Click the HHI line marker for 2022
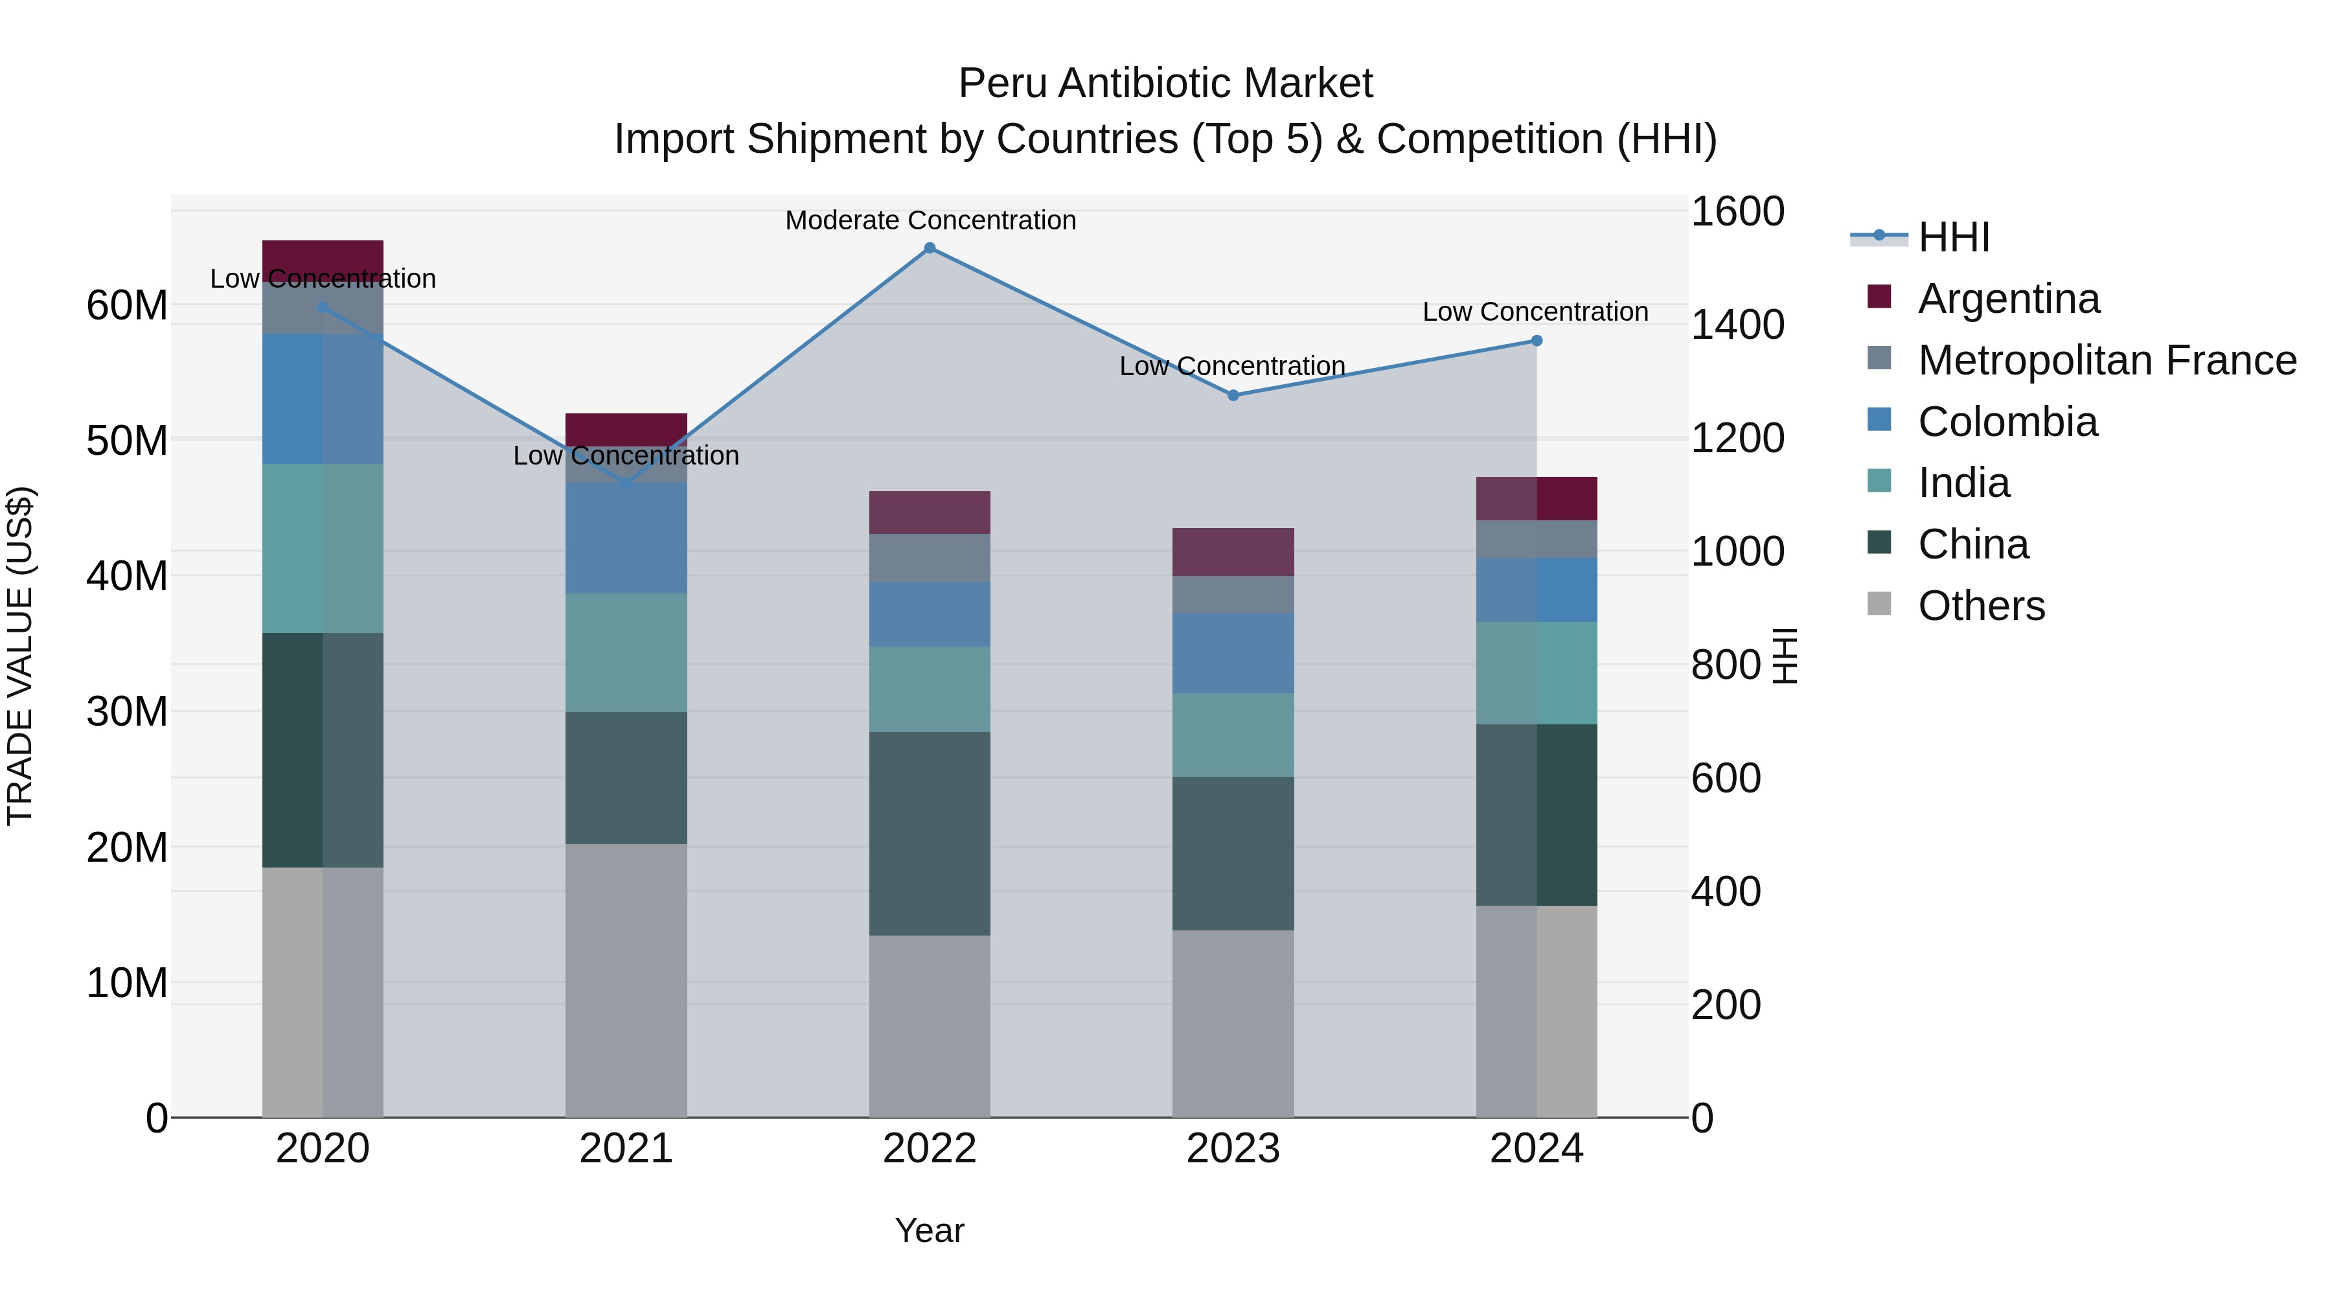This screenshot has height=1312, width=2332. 930,248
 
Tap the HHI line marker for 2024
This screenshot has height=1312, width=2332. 1537,340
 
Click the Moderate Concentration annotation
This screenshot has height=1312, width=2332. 930,220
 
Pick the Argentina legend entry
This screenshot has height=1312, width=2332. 2008,299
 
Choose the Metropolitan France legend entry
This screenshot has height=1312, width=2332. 2107,360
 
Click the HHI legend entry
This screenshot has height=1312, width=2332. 1954,237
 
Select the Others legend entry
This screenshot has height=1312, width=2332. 1981,606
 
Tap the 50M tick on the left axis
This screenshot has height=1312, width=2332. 127,441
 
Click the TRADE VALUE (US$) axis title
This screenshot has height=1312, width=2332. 20,656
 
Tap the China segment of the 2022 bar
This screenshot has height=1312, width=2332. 930,833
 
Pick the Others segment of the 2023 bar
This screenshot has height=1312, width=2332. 1233,1023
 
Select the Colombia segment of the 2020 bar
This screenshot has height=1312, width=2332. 323,398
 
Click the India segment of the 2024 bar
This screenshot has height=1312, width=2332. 1537,673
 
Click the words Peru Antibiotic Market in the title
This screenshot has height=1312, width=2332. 1165,84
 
